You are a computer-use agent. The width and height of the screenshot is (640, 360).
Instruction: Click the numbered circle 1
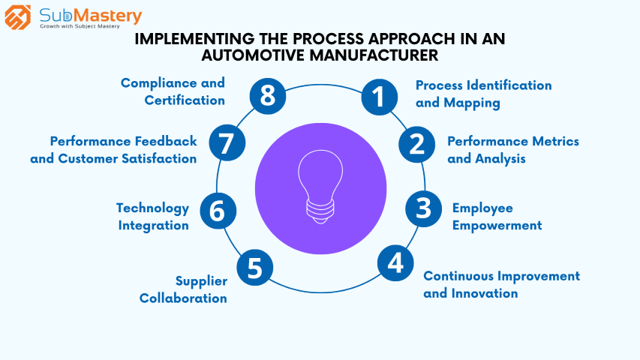click(379, 97)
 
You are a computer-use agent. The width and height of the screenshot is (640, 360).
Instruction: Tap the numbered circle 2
click(416, 145)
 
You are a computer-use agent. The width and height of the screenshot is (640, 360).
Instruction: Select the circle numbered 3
click(423, 208)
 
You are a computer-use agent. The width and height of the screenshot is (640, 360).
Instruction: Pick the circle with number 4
click(395, 263)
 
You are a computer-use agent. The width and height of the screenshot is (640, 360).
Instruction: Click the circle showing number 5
click(254, 268)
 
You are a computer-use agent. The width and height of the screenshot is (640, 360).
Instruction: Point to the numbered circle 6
click(218, 211)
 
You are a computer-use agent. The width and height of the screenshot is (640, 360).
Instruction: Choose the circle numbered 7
click(227, 142)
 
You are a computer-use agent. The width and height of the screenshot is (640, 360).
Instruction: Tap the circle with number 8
click(268, 96)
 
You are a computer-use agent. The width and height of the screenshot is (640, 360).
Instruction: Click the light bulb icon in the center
click(320, 187)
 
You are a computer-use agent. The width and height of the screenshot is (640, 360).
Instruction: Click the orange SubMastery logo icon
click(17, 17)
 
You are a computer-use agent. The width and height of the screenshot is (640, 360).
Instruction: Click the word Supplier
click(201, 281)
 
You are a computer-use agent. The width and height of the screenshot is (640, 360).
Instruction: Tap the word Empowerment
click(497, 225)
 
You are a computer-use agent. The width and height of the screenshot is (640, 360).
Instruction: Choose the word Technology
click(152, 208)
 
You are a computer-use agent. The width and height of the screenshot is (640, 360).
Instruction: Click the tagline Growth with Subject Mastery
click(80, 26)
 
